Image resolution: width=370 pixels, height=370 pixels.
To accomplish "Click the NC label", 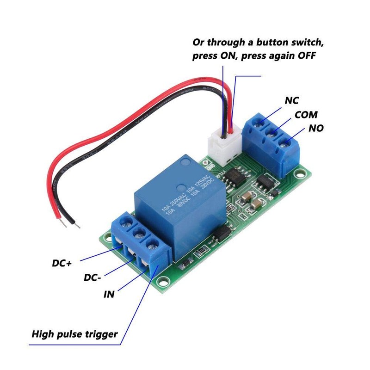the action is pos(291,100).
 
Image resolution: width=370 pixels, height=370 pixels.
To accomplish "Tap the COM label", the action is pos(306,115).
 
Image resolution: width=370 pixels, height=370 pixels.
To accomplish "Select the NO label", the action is pos(317,128).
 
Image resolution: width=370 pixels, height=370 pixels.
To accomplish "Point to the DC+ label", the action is pos(61,264).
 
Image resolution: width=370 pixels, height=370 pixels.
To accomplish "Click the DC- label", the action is pos(93,278).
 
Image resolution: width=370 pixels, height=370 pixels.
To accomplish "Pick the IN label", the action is pos(110,294).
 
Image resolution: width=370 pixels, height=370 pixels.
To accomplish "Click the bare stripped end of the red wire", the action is pos(62,222).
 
